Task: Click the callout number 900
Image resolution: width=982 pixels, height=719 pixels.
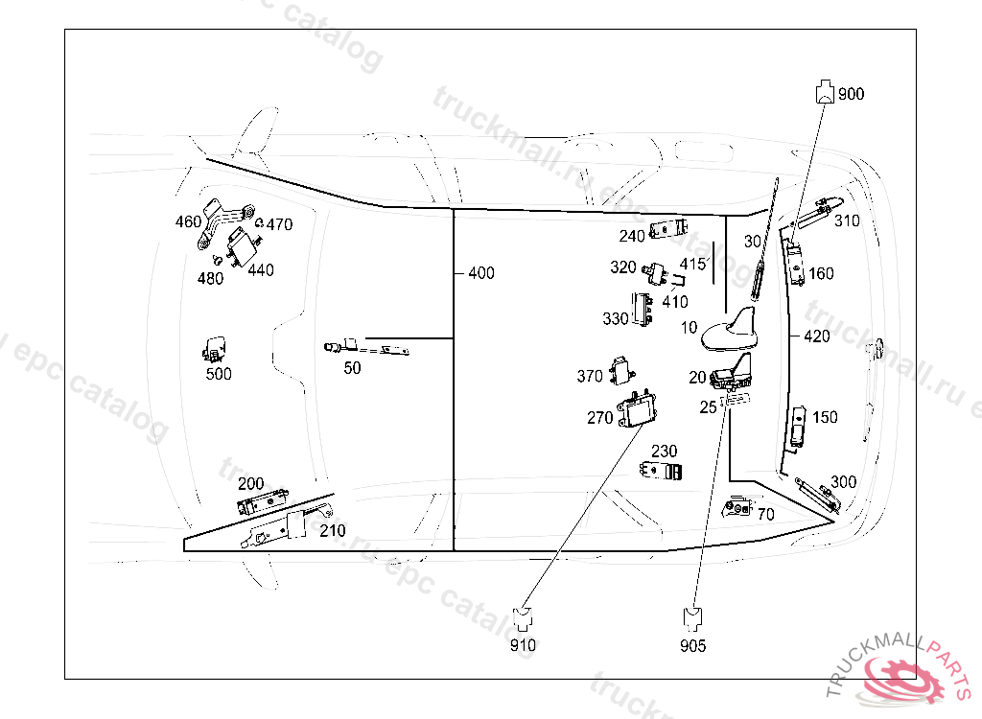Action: [x=851, y=94]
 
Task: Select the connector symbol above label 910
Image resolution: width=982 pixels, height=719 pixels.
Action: [x=523, y=617]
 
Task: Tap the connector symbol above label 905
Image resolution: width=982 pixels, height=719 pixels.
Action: [x=691, y=616]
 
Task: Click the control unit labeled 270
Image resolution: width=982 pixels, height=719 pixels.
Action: [x=637, y=410]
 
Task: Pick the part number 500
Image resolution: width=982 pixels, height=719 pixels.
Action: [x=219, y=374]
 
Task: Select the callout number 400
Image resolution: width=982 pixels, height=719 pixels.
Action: [x=481, y=273]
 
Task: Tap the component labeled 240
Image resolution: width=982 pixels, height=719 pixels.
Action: [x=669, y=229]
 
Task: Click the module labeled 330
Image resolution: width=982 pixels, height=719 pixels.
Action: [x=641, y=310]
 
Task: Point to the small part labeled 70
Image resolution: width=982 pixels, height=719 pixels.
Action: [x=737, y=506]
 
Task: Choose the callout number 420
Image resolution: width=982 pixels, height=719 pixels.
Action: [x=817, y=336]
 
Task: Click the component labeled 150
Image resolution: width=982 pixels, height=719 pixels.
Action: [x=799, y=426]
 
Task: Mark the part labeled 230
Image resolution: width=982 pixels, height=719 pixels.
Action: [x=663, y=471]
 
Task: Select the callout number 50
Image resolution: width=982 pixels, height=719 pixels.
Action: [x=352, y=368]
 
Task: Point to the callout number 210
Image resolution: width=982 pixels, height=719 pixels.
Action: [x=333, y=531]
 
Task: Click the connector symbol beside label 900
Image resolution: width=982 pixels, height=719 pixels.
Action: [x=824, y=93]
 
